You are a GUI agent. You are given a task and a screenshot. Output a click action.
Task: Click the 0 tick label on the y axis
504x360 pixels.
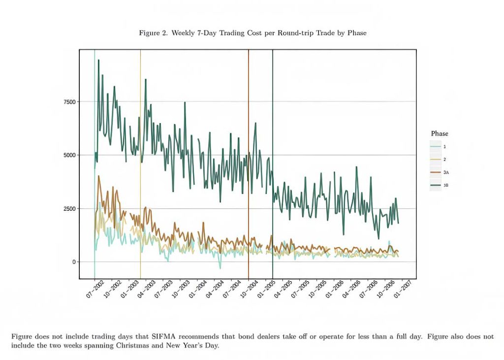point(74,262)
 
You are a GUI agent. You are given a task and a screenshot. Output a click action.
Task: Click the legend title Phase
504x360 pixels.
point(440,133)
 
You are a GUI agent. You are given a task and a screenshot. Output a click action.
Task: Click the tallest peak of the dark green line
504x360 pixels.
point(98,60)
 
